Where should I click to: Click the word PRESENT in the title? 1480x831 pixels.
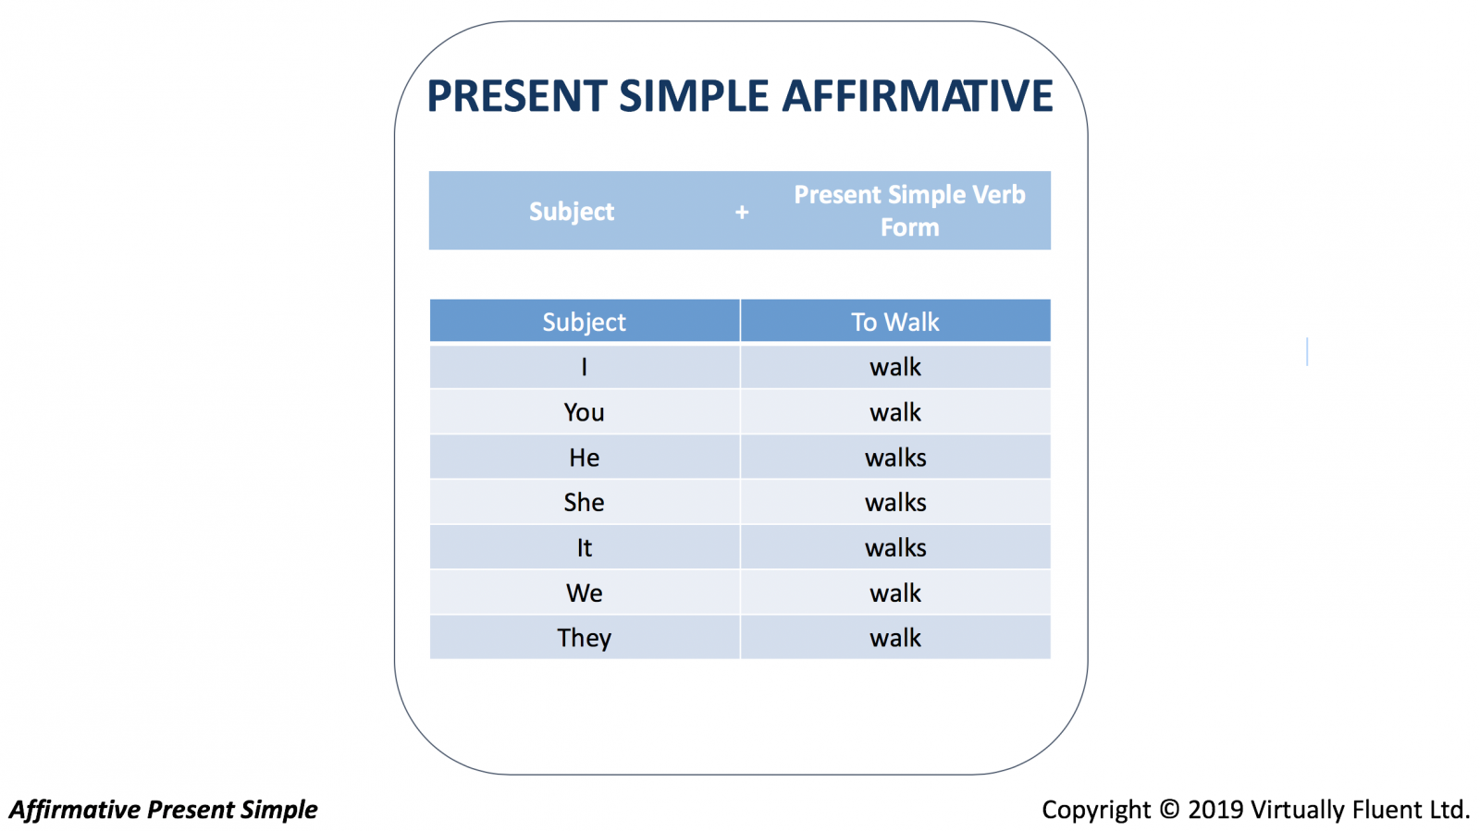517,96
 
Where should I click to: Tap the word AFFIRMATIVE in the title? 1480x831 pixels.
918,96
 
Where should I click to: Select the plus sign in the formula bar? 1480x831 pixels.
742,212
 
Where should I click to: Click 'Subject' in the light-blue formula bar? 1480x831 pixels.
572,211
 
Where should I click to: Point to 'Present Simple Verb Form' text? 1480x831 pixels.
909,211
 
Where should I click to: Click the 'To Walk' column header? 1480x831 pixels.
894,322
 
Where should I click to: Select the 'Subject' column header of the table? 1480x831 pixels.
584,322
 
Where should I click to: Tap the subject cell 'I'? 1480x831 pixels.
584,367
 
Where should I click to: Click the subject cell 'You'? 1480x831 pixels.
584,412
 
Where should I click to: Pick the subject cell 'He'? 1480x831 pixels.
584,458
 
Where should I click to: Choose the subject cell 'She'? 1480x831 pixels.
584,502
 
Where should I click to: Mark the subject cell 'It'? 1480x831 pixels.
584,548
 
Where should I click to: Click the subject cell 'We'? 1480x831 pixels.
584,593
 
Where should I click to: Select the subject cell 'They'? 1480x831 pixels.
584,638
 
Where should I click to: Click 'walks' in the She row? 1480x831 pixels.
895,502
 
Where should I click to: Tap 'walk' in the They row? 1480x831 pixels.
895,638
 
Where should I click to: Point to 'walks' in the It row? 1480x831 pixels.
895,548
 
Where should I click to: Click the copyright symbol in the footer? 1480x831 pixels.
1169,809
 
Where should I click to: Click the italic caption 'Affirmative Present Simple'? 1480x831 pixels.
163,810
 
